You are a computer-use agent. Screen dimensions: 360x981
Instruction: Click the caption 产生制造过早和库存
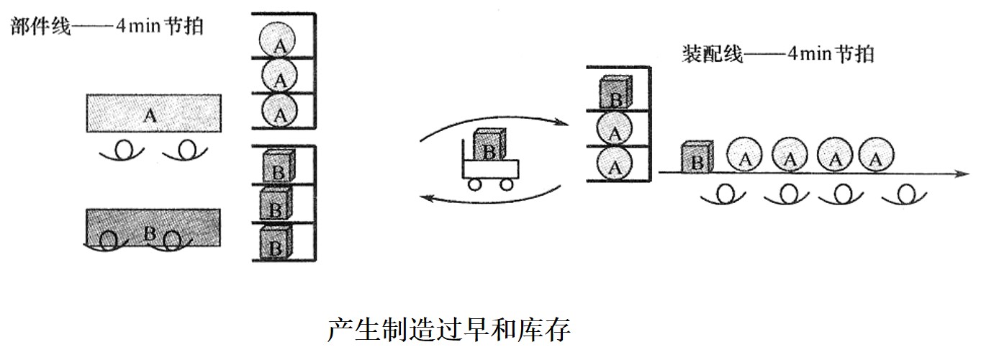[449, 330]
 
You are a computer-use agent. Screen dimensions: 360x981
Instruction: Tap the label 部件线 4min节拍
[107, 27]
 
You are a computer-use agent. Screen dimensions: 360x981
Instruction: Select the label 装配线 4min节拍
[778, 53]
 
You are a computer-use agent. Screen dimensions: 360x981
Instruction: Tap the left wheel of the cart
[475, 184]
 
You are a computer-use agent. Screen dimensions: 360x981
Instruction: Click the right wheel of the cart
[507, 184]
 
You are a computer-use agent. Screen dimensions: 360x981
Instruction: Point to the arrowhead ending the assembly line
[959, 173]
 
